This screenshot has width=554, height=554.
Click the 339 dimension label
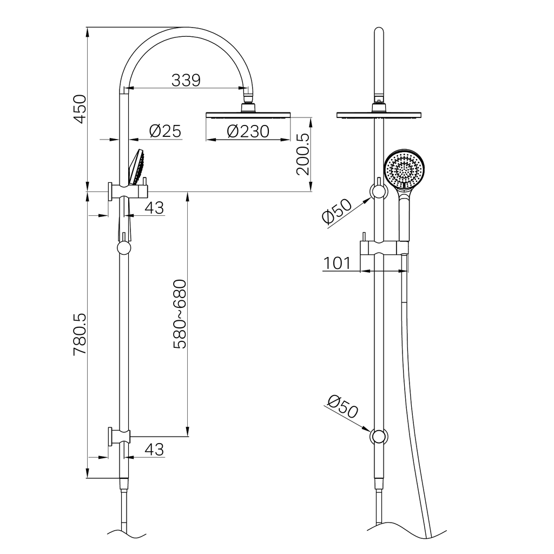pyautogui.click(x=186, y=80)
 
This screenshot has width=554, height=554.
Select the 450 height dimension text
pyautogui.click(x=80, y=109)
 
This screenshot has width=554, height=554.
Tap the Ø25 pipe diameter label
pyautogui.click(x=164, y=131)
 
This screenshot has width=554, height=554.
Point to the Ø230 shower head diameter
pyautogui.click(x=248, y=131)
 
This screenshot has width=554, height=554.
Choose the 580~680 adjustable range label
pyautogui.click(x=179, y=314)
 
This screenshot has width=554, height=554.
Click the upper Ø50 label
pyautogui.click(x=336, y=211)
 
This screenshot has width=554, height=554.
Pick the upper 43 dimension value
pyautogui.click(x=154, y=208)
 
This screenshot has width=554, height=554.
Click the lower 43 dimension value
pyautogui.click(x=154, y=449)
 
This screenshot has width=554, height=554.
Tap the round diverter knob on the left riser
pyautogui.click(x=124, y=248)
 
